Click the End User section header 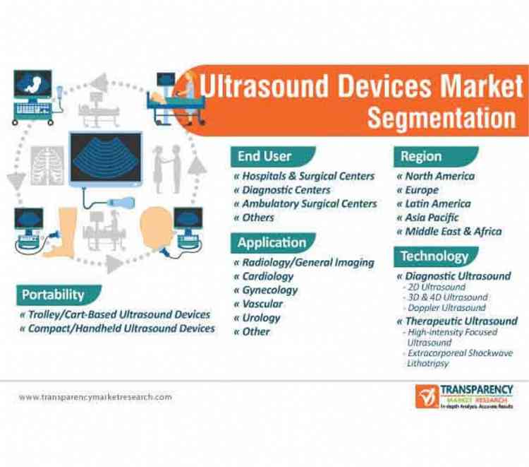[x=264, y=156]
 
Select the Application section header [x=272, y=242]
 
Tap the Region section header [x=420, y=156]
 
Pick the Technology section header [x=434, y=256]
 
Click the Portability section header [x=53, y=294]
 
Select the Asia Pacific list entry [x=431, y=218]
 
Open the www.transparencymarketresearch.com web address [x=95, y=397]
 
